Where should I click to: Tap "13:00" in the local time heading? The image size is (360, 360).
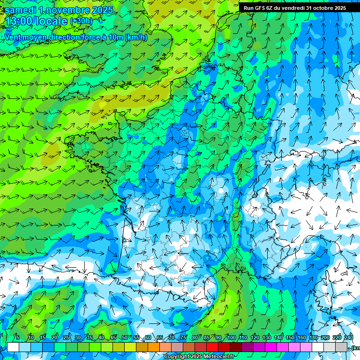tap(20, 22)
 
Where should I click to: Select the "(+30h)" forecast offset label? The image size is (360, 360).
tap(81, 21)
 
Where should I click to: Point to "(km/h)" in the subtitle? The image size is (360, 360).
tap(136, 37)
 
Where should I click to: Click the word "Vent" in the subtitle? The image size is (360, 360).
tap(14, 37)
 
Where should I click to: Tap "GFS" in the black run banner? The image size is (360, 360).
tap(261, 8)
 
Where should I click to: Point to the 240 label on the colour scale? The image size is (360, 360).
tap(349, 338)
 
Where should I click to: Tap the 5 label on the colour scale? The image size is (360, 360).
tap(18, 338)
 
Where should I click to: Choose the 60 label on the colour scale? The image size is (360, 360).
tap(148, 338)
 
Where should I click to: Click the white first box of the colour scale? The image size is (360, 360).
tap(13, 347)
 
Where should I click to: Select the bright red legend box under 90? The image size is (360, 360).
tap(212, 347)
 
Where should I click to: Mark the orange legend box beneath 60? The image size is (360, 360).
tap(142, 347)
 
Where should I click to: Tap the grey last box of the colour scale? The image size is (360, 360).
tap(341, 347)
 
